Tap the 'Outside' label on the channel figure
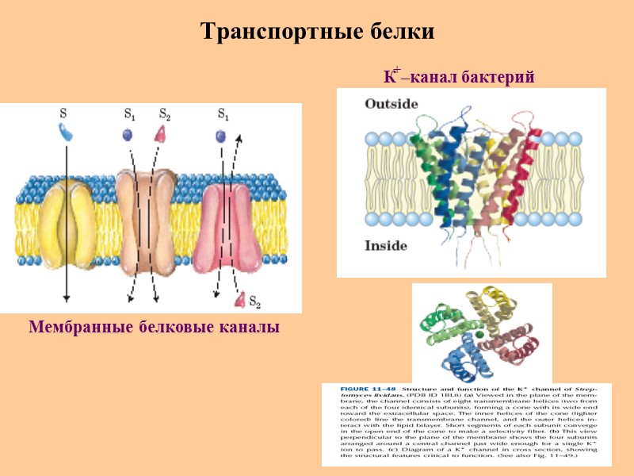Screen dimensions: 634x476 (391, 104)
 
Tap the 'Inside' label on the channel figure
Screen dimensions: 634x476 (385, 246)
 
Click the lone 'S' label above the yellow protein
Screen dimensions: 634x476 (63, 113)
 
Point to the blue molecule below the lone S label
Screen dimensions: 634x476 (66, 132)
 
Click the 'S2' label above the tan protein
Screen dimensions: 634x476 (165, 114)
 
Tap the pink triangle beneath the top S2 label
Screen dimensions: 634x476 (161, 134)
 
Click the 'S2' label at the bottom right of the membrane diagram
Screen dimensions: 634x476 (255, 301)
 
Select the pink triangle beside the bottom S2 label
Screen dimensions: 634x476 (239, 299)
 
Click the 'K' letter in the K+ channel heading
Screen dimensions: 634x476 (388, 79)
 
